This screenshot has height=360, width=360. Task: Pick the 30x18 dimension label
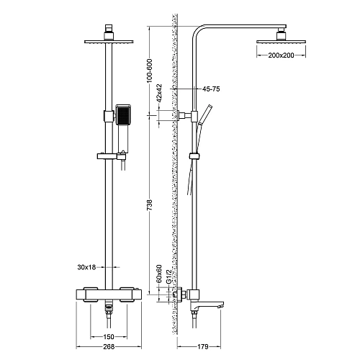(x=86, y=267)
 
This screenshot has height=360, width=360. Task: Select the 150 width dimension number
(x=108, y=337)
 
